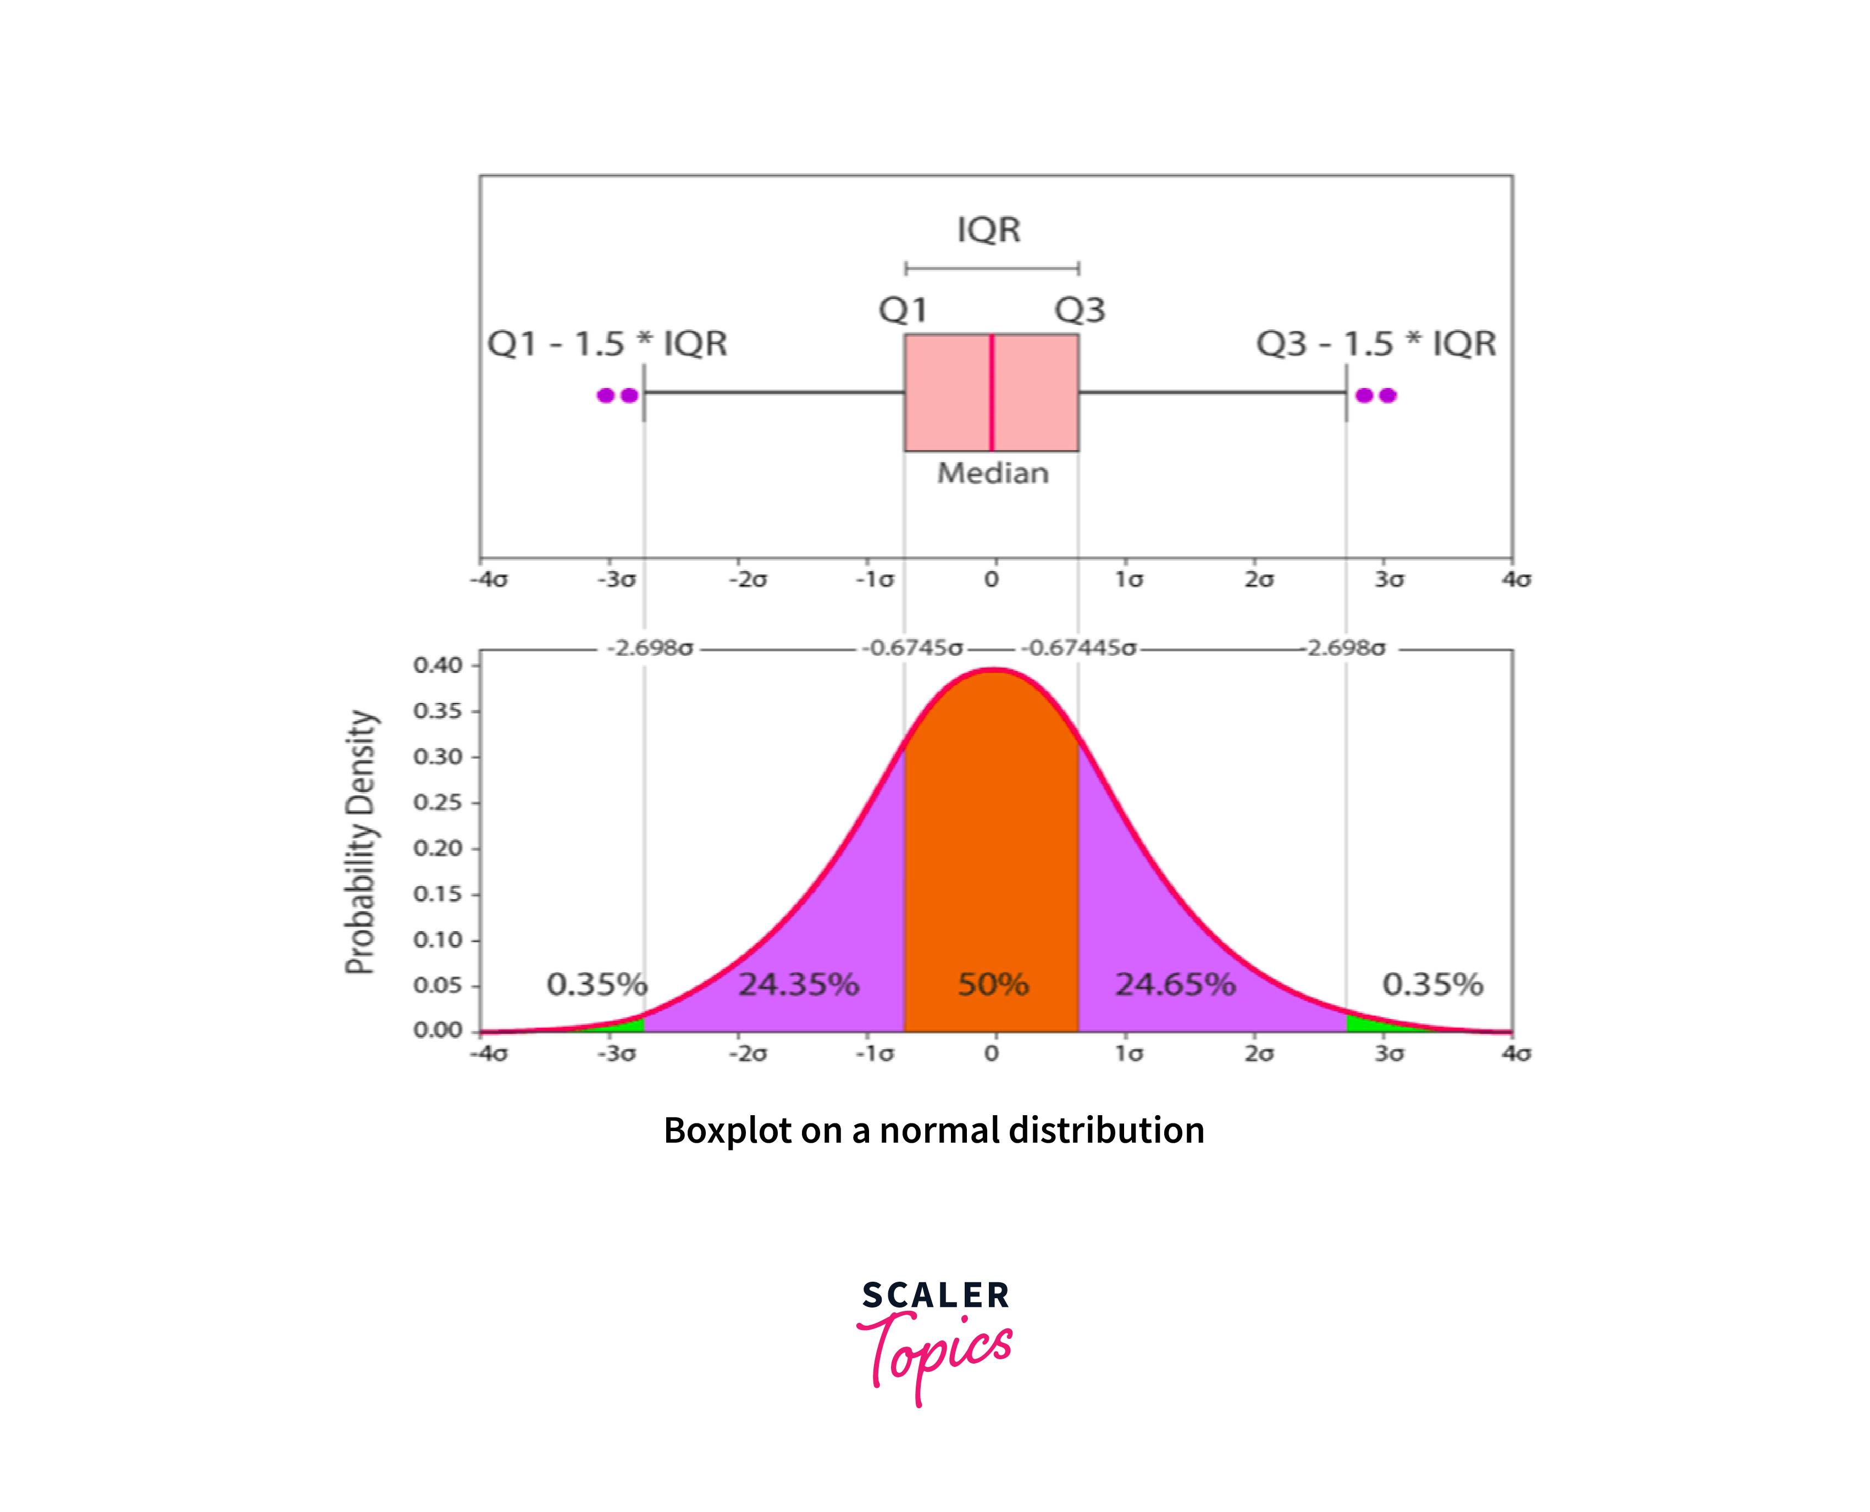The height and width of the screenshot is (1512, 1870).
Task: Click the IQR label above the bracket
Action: (x=988, y=230)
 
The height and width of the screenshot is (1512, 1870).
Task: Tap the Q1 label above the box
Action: (x=903, y=310)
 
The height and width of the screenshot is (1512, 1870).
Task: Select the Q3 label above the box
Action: (x=1080, y=310)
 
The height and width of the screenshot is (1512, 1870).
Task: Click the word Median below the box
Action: (x=993, y=473)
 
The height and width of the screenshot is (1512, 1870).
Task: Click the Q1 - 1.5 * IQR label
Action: (x=607, y=343)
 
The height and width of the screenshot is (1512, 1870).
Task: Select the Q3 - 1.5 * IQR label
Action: (x=1376, y=343)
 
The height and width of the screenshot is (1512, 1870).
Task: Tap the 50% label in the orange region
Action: (x=993, y=984)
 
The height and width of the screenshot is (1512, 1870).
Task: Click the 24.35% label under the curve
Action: (x=799, y=984)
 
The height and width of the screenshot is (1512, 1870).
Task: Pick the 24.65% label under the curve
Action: (x=1176, y=984)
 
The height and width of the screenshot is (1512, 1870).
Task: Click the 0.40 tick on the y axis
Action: (x=438, y=666)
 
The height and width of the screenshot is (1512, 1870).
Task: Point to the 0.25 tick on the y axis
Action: (x=438, y=802)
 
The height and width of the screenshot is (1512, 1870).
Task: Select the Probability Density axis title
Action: (x=361, y=842)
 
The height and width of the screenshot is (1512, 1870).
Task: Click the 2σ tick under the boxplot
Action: (x=1259, y=579)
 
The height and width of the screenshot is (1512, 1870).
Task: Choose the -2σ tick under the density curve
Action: (x=748, y=1054)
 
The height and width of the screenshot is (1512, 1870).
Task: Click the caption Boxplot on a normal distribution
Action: (x=934, y=1131)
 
